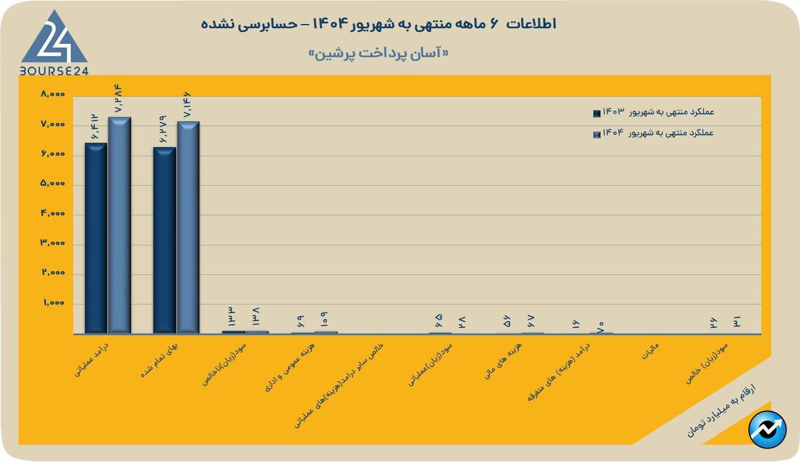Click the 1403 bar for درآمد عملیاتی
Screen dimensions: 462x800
pyautogui.click(x=96, y=238)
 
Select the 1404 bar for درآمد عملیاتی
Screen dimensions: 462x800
pyautogui.click(x=119, y=225)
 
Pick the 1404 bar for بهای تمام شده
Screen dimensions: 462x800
pyautogui.click(x=188, y=228)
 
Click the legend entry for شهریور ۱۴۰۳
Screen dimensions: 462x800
pyautogui.click(x=654, y=113)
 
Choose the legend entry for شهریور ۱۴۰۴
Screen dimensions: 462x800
pyautogui.click(x=654, y=133)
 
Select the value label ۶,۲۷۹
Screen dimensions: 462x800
pyautogui.click(x=164, y=129)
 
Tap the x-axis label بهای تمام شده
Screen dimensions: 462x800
pyautogui.click(x=159, y=365)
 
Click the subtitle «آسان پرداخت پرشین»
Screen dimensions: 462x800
pyautogui.click(x=378, y=54)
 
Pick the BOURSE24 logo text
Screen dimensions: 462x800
pyautogui.click(x=54, y=71)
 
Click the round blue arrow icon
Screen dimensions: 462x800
pyautogui.click(x=767, y=429)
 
